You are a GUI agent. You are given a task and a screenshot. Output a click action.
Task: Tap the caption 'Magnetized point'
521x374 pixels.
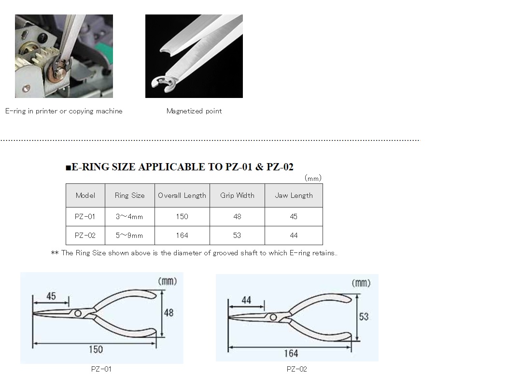pos(194,111)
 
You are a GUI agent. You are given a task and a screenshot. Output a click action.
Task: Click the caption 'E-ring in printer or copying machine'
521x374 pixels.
pos(64,111)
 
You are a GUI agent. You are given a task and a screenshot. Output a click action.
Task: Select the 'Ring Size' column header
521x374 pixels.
pos(129,195)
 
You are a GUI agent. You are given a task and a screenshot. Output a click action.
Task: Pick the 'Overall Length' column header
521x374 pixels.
pos(182,195)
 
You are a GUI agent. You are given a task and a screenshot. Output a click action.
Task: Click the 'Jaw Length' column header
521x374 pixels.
pos(294,195)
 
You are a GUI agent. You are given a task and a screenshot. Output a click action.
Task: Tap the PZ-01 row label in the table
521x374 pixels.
pos(85,217)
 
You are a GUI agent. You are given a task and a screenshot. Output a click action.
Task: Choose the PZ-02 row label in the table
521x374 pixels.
pos(85,235)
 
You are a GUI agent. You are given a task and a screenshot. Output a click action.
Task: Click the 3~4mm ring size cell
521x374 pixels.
pos(129,217)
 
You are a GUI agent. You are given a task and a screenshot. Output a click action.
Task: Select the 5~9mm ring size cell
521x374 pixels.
pos(129,235)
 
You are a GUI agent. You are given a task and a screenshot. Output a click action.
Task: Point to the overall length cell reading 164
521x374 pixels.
pos(182,235)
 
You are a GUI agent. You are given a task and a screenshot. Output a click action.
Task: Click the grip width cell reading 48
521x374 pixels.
pos(237,217)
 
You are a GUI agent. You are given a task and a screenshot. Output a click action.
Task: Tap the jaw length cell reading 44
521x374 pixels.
pos(294,235)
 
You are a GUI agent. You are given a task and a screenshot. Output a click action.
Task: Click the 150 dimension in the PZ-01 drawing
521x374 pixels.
pos(96,349)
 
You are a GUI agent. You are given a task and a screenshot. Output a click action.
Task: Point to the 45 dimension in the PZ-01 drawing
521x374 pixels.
pos(51,296)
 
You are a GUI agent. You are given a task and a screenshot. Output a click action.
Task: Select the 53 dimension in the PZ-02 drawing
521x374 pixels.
pos(364,316)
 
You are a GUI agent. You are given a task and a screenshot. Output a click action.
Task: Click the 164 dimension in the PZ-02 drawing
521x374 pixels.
pos(291,353)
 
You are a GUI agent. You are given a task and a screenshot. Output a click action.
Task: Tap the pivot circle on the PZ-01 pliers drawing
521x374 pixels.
pos(78,313)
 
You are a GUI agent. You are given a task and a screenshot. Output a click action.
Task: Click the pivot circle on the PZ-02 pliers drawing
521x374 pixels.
pos(273,317)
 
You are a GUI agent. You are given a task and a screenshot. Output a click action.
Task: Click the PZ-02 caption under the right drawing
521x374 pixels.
pos(296,369)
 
